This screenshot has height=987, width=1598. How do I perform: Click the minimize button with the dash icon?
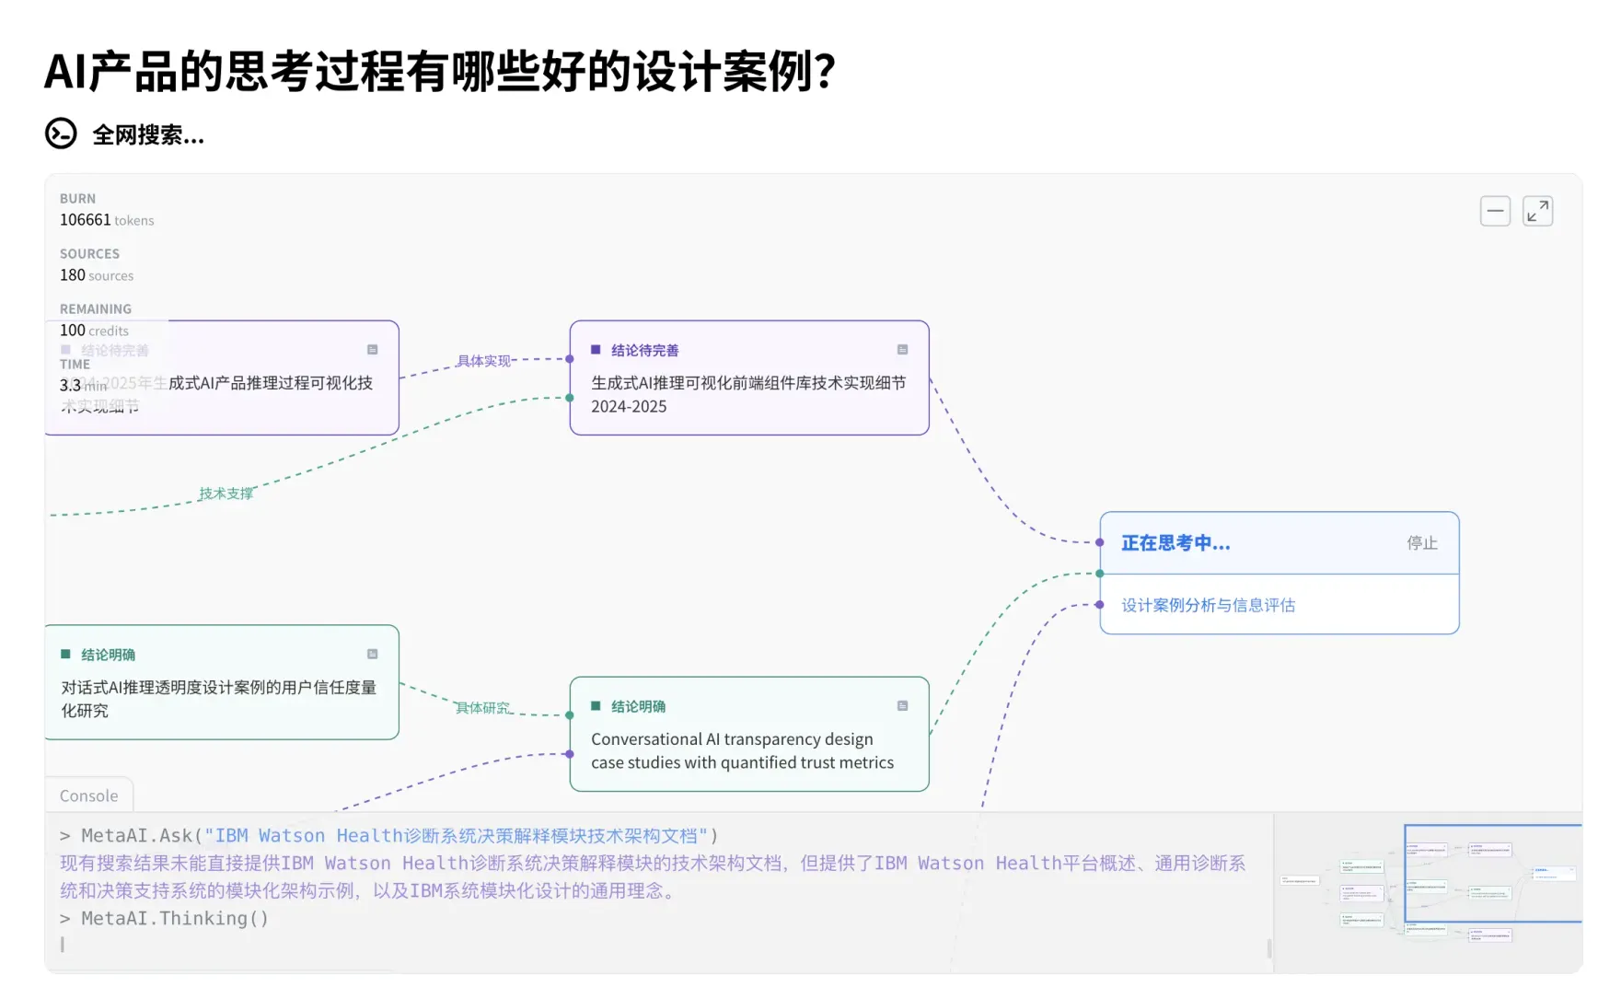coord(1495,211)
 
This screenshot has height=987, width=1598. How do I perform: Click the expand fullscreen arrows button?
coord(1537,211)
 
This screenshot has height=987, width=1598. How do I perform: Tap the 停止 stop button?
coord(1421,543)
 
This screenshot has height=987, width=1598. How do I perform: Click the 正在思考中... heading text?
coord(1175,543)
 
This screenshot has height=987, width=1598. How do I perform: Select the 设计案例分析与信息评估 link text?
coord(1208,605)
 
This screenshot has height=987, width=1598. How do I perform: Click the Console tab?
coord(88,795)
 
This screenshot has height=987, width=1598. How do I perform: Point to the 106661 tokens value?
coord(107,220)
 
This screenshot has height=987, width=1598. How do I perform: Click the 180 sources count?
coord(97,275)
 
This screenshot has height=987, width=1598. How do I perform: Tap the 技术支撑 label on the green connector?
coord(226,493)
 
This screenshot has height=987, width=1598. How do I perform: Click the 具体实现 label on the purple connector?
coord(483,361)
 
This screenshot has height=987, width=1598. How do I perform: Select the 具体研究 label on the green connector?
coord(482,708)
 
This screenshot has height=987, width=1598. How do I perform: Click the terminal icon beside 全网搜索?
coord(61,134)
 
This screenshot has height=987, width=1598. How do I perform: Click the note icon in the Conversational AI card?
coord(902,706)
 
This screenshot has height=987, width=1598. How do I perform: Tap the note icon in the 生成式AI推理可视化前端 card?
coord(902,350)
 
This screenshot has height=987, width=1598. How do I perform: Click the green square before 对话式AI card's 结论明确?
coord(65,655)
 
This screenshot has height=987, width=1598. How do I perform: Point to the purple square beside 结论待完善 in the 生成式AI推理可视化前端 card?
coord(596,350)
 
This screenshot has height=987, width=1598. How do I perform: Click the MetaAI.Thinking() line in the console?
coord(175,918)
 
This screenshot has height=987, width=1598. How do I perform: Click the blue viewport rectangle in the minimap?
coord(1491,873)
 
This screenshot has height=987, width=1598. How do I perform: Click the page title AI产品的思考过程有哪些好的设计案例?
coord(439,72)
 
